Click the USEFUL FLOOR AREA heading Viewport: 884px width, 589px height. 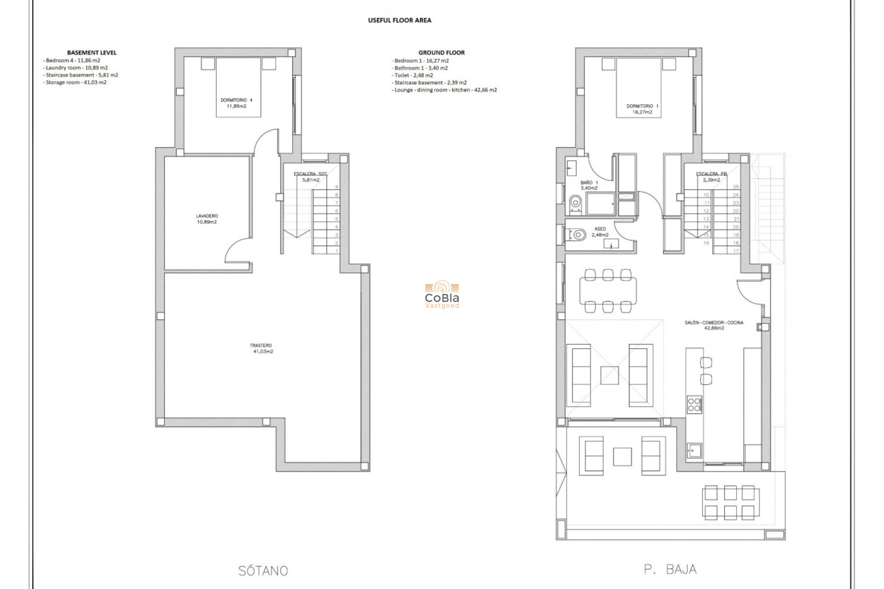click(x=399, y=20)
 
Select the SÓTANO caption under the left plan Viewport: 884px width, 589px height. click(x=263, y=571)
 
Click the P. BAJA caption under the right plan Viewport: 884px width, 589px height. click(x=670, y=570)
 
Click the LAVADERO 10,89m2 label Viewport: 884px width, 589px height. click(x=207, y=219)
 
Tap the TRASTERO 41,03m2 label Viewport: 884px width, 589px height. click(x=261, y=348)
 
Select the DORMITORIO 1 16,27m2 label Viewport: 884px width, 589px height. click(x=642, y=109)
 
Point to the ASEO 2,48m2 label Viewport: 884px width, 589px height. click(x=600, y=232)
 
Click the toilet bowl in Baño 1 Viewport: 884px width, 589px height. click(x=575, y=202)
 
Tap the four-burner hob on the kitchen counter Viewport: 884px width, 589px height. click(x=694, y=404)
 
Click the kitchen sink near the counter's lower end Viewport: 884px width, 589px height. click(x=694, y=450)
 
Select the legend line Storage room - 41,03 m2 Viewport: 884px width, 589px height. click(x=76, y=82)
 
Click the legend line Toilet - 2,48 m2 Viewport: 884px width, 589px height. click(x=413, y=75)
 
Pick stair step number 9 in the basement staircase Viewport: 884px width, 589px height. click(x=337, y=187)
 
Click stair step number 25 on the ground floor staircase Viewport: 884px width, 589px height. click(x=735, y=187)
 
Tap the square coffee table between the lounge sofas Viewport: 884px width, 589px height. click(x=609, y=375)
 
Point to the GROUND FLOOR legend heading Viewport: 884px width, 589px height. click(x=441, y=52)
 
